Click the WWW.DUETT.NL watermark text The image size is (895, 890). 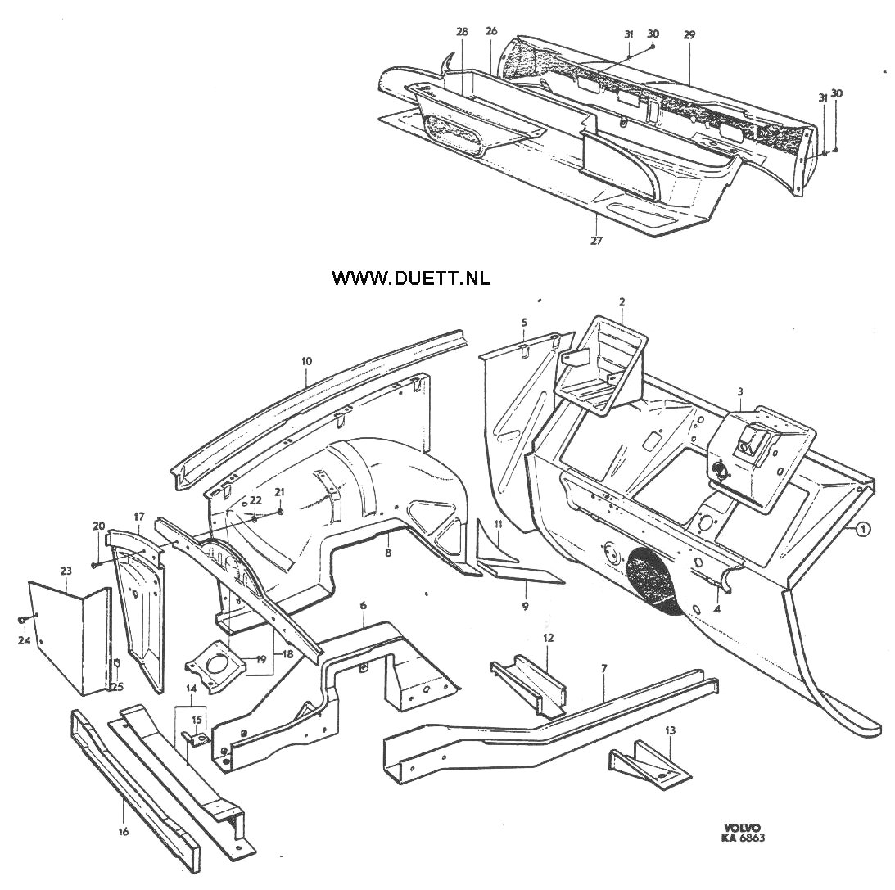click(410, 278)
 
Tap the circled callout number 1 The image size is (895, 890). click(862, 530)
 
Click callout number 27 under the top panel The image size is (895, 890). click(596, 241)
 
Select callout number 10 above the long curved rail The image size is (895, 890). click(306, 361)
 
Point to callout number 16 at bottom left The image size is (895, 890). click(124, 831)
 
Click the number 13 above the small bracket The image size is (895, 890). click(670, 730)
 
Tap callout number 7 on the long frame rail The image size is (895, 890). click(603, 667)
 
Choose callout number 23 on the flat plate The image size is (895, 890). click(66, 570)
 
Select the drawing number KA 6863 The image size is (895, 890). click(742, 838)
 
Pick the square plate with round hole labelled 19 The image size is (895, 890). click(214, 666)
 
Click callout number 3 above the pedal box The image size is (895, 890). click(740, 391)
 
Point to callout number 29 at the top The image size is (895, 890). click(689, 35)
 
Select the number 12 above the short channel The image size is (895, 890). click(549, 638)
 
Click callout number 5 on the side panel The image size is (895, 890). click(524, 323)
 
